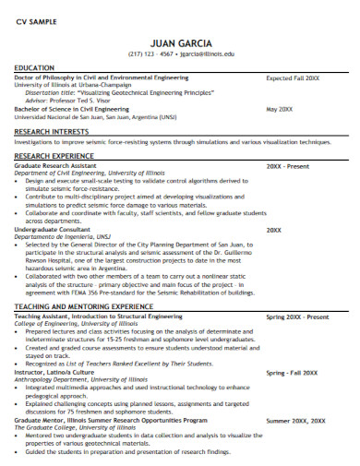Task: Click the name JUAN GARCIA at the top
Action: click(x=181, y=42)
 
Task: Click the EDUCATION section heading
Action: click(x=33, y=68)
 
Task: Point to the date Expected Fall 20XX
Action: click(x=293, y=79)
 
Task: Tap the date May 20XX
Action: click(x=279, y=109)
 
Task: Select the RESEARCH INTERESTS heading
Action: click(x=51, y=131)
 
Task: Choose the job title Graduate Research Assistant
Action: click(x=58, y=167)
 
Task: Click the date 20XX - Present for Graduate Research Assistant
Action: click(x=287, y=167)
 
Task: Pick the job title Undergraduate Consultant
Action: click(x=54, y=229)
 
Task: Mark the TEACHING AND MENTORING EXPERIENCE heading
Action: click(x=83, y=305)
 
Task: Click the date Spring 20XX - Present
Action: click(x=297, y=317)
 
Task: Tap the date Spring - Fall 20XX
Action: click(x=291, y=373)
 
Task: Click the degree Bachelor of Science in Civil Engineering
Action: click(x=72, y=109)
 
